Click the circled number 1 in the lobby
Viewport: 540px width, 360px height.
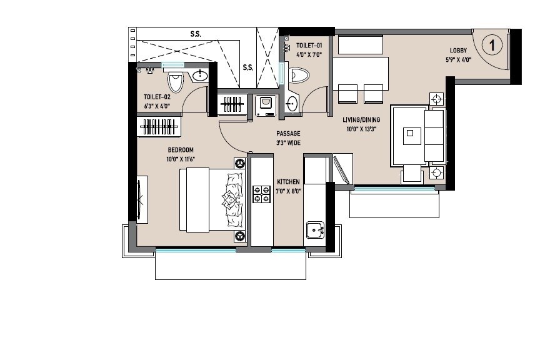click(x=493, y=45)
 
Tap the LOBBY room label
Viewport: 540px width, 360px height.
click(x=459, y=51)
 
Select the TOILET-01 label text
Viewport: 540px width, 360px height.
click(x=309, y=46)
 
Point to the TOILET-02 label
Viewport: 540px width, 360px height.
click(x=157, y=97)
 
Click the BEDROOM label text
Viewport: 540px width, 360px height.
click(x=181, y=150)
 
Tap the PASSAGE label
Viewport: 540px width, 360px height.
click(x=289, y=134)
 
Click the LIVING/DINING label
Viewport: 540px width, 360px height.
click(x=362, y=120)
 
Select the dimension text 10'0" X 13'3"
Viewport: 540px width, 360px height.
click(x=362, y=129)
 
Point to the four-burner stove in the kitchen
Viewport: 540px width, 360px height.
click(x=261, y=194)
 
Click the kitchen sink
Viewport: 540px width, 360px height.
click(x=314, y=230)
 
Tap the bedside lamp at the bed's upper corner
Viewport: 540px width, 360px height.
click(x=239, y=163)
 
